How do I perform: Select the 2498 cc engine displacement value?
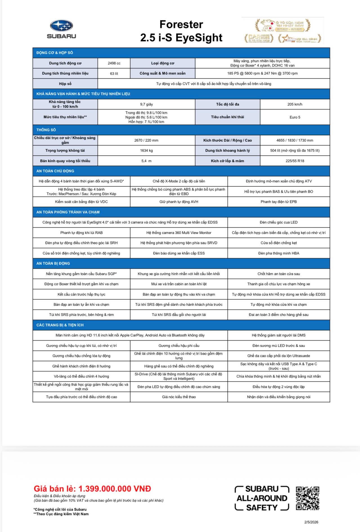pyautogui.click(x=114, y=63)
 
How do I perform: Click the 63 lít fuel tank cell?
pyautogui.click(x=114, y=74)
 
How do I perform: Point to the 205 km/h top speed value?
pyautogui.click(x=295, y=104)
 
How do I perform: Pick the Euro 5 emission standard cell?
pyautogui.click(x=295, y=117)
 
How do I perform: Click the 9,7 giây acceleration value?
pyautogui.click(x=146, y=104)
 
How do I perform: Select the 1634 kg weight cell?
pyautogui.click(x=146, y=150)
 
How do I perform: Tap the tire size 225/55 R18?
pyautogui.click(x=295, y=161)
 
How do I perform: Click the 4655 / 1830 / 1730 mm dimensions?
pyautogui.click(x=295, y=140)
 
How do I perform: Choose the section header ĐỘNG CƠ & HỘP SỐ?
pyautogui.click(x=55, y=53)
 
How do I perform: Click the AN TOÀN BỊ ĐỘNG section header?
pyautogui.click(x=53, y=263)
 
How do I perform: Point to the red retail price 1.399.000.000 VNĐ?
pyautogui.click(x=92, y=488)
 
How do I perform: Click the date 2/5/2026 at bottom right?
pyautogui.click(x=311, y=522)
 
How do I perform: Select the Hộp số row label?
pyautogui.click(x=65, y=84)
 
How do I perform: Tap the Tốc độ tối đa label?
pyautogui.click(x=227, y=104)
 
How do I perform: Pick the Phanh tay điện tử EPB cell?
pyautogui.click(x=278, y=202)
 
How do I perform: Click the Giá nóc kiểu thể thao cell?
pyautogui.click(x=179, y=397)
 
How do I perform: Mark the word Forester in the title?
pyautogui.click(x=181, y=25)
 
